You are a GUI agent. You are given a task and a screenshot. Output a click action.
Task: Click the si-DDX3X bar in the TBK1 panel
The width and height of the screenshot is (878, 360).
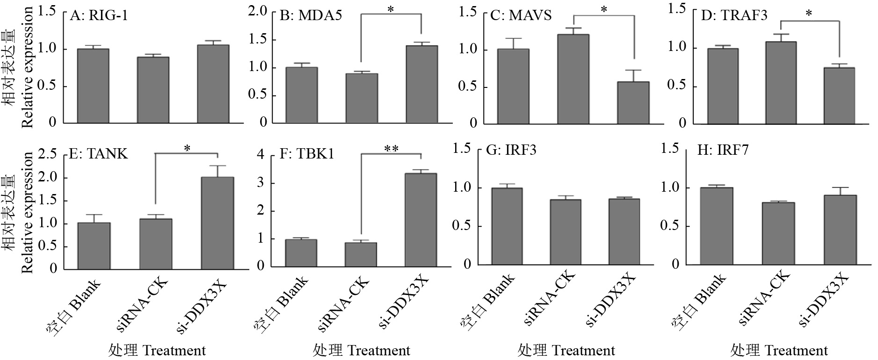(421, 220)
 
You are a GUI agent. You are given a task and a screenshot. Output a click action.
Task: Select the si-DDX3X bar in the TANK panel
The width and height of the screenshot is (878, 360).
(217, 223)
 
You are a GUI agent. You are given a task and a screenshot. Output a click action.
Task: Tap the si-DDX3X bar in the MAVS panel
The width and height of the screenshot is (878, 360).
(633, 103)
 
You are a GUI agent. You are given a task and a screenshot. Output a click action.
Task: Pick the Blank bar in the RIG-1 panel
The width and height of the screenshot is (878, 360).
(93, 86)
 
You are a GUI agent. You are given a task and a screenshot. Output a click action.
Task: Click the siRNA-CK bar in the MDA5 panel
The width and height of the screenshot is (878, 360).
(362, 98)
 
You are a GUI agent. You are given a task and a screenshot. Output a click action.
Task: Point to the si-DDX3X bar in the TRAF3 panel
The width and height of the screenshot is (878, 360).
(839, 96)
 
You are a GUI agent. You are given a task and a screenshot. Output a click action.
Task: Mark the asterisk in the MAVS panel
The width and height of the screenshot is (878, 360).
(604, 9)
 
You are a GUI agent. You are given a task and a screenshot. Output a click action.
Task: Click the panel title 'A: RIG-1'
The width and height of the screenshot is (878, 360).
(99, 16)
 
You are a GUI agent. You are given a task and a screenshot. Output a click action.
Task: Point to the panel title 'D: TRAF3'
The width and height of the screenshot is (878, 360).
(734, 15)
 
